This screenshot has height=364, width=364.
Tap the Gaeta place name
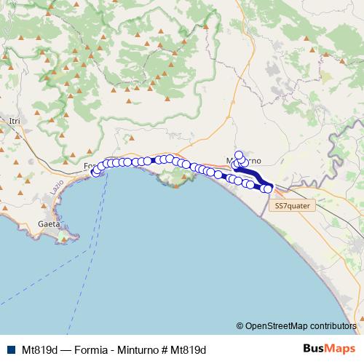(48, 225)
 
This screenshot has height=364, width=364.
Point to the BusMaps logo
(330, 349)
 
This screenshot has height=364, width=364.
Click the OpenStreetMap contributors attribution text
(300, 325)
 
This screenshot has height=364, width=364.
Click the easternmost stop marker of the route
(268, 189)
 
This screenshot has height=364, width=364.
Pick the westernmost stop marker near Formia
(95, 173)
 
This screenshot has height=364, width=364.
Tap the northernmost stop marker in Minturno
(238, 154)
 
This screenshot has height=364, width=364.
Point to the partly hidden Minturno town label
(246, 160)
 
